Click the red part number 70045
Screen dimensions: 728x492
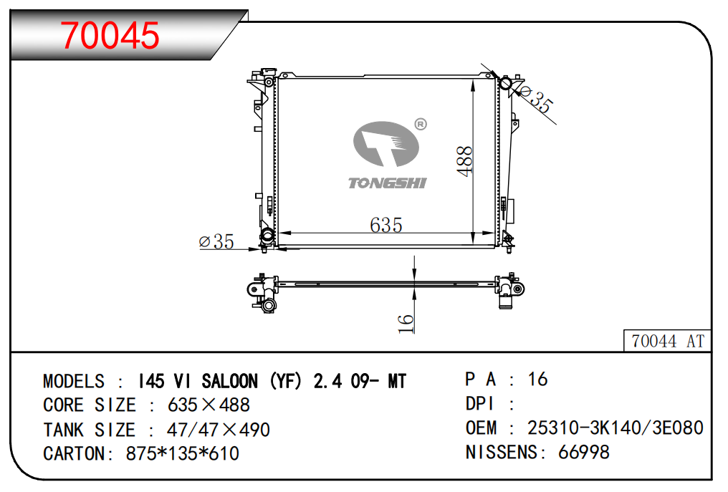pos(110,35)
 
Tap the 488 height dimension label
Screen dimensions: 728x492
pos(465,161)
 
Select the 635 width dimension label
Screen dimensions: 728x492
pos(385,225)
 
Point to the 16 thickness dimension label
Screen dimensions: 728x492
pos(406,323)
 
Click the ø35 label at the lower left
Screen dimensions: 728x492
pos(216,241)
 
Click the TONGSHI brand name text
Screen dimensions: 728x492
pos(387,183)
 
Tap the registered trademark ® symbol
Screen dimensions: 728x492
pos(421,125)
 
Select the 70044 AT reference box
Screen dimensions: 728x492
pos(667,341)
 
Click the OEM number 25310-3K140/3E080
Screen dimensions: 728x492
pos(616,428)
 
